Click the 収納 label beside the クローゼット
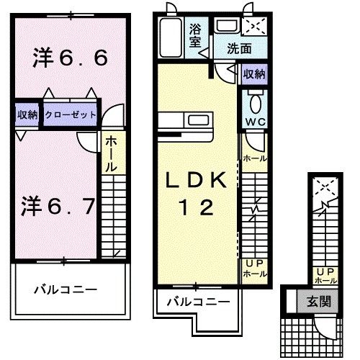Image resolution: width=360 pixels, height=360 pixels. [27, 114]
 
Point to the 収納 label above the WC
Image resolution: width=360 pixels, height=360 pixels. [253, 74]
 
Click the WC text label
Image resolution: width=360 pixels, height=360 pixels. [255, 122]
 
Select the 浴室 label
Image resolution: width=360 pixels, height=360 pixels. [197, 36]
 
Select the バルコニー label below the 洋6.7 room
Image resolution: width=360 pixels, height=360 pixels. [66, 290]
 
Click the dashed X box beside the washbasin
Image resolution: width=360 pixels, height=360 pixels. [253, 27]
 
